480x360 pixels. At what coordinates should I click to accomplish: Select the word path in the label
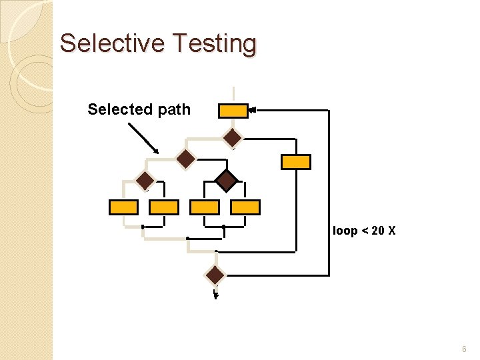coord(174,109)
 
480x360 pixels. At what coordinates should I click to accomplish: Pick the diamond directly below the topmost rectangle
coord(233,138)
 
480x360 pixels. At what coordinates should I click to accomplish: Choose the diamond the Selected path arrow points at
coord(185,159)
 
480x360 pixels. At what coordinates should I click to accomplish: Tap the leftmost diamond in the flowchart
coord(145,180)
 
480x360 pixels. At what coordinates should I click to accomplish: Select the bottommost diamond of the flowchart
coord(215,275)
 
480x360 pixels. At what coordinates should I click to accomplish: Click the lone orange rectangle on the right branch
coord(295,161)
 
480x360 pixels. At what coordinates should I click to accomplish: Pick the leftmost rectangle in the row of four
coord(123,207)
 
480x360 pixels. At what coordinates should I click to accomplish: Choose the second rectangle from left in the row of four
coord(164,207)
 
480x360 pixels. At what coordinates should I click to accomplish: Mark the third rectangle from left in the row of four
coord(205,207)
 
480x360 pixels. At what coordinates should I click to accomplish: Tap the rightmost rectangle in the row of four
coord(245,207)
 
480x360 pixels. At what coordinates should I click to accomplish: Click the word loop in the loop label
coord(345,231)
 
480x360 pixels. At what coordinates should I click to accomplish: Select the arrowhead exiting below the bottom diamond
coord(215,297)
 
